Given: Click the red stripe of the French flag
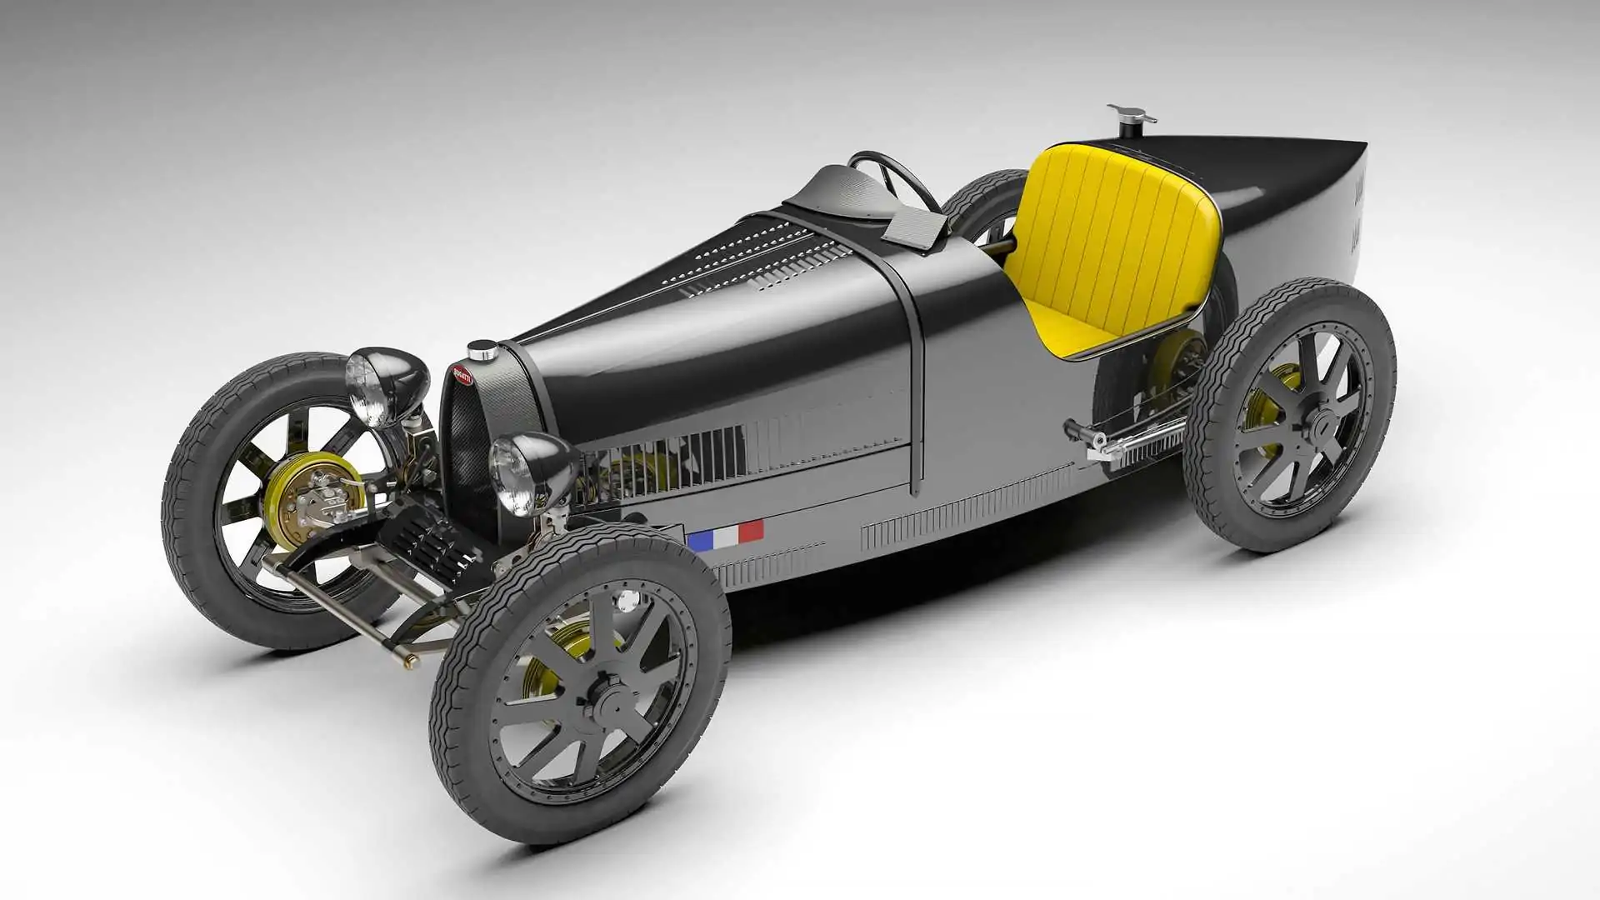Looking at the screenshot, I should (x=751, y=531).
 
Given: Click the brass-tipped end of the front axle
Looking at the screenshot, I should (x=410, y=662).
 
